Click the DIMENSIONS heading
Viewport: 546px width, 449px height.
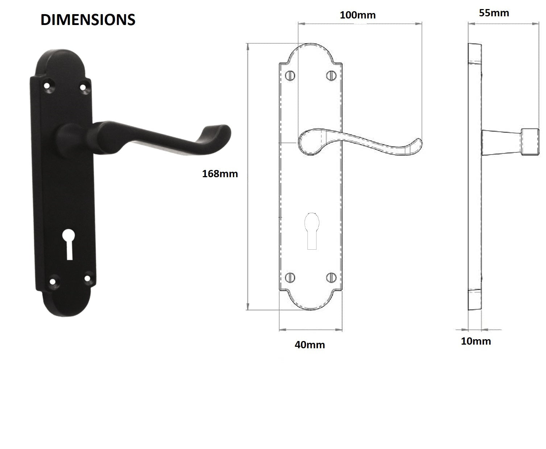(88, 20)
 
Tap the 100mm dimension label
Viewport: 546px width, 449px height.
(357, 15)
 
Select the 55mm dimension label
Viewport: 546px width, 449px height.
(494, 13)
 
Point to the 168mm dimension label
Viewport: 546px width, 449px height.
(220, 174)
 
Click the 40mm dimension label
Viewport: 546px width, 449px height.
(310, 345)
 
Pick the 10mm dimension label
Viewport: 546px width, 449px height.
(476, 341)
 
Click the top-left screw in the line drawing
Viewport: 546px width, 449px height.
(290, 75)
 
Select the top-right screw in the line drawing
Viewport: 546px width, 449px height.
(331, 75)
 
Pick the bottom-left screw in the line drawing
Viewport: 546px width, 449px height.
(290, 278)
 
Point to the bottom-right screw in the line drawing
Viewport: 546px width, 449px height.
(331, 278)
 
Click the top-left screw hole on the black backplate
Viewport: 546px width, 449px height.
(47, 86)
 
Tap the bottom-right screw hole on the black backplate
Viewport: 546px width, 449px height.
(87, 278)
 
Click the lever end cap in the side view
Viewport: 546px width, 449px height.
(530, 142)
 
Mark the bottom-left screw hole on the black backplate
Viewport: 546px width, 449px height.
(54, 280)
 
